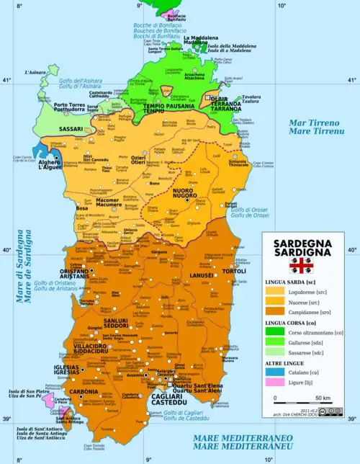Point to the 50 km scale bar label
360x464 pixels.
(322, 398)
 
